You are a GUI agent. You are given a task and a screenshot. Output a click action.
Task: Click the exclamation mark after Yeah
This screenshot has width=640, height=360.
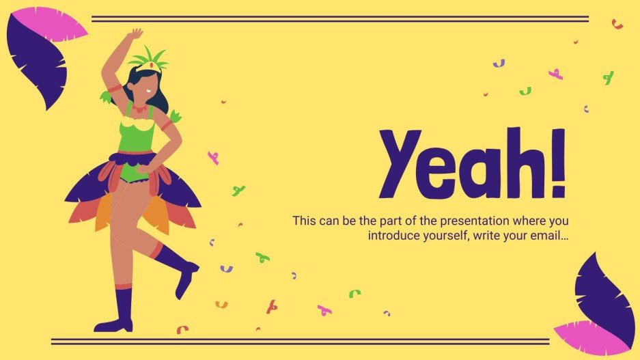(558, 163)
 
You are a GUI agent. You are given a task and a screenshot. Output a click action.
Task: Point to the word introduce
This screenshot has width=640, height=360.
(393, 236)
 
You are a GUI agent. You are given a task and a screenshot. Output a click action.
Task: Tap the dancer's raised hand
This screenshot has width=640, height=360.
(135, 33)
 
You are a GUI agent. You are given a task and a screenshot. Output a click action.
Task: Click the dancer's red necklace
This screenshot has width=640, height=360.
(139, 109)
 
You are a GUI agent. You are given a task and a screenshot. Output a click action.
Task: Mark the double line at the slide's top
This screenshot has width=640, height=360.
(339, 19)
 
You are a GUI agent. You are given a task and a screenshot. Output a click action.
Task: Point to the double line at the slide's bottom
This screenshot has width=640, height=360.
(301, 341)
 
